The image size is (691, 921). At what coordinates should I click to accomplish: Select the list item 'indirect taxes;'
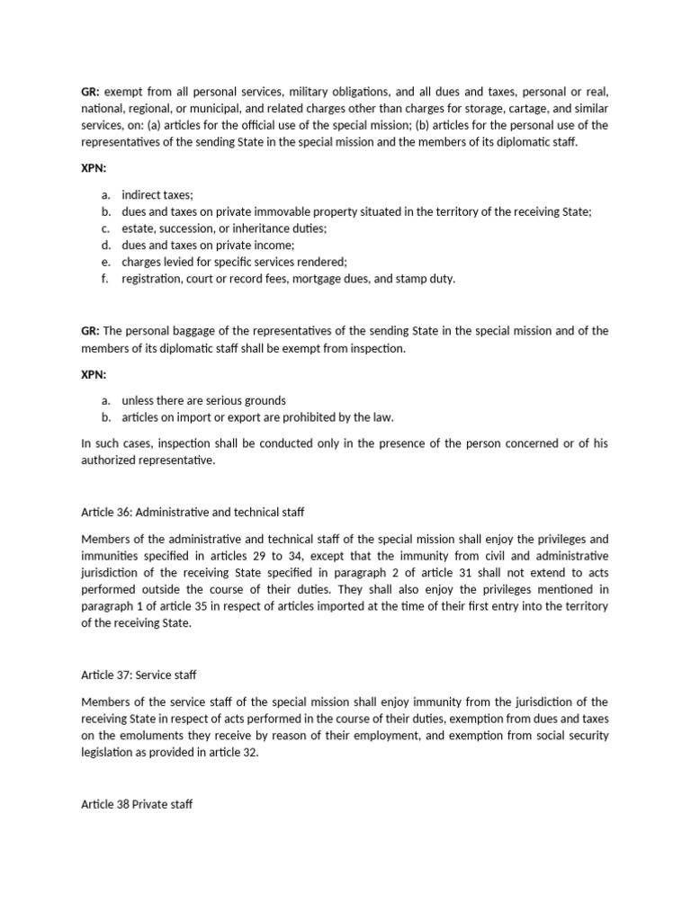pyautogui.click(x=157, y=195)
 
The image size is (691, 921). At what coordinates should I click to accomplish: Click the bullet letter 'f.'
pyautogui.click(x=105, y=278)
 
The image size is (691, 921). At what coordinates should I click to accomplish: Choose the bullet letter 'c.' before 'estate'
pyautogui.click(x=105, y=228)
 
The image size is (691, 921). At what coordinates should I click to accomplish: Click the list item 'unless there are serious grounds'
pyautogui.click(x=203, y=400)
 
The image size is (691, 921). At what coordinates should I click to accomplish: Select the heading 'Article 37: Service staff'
pyautogui.click(x=139, y=675)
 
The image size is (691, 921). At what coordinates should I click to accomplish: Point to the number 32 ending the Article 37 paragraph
pyautogui.click(x=250, y=752)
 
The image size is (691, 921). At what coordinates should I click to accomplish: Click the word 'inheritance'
pyautogui.click(x=255, y=228)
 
